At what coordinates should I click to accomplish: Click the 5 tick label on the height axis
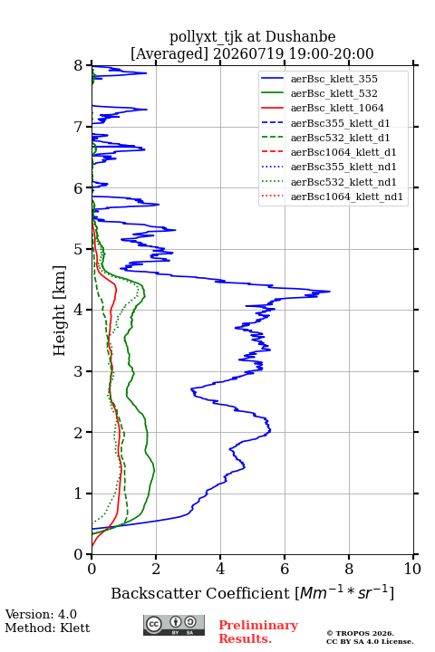click(x=79, y=249)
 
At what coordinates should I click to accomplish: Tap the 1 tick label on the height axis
click(x=79, y=494)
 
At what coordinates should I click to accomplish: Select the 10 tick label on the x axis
click(x=412, y=569)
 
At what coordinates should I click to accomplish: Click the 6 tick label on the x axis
click(x=285, y=569)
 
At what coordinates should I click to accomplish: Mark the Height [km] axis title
click(x=60, y=311)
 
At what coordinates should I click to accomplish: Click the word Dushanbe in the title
click(x=301, y=36)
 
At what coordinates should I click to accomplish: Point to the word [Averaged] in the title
click(x=169, y=53)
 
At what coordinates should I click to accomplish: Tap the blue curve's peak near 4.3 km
click(x=330, y=292)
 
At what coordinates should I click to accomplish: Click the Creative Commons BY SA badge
click(x=174, y=625)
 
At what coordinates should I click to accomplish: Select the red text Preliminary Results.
click(x=258, y=632)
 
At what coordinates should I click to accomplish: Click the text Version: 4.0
click(x=41, y=614)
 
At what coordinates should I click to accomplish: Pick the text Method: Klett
click(x=47, y=628)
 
